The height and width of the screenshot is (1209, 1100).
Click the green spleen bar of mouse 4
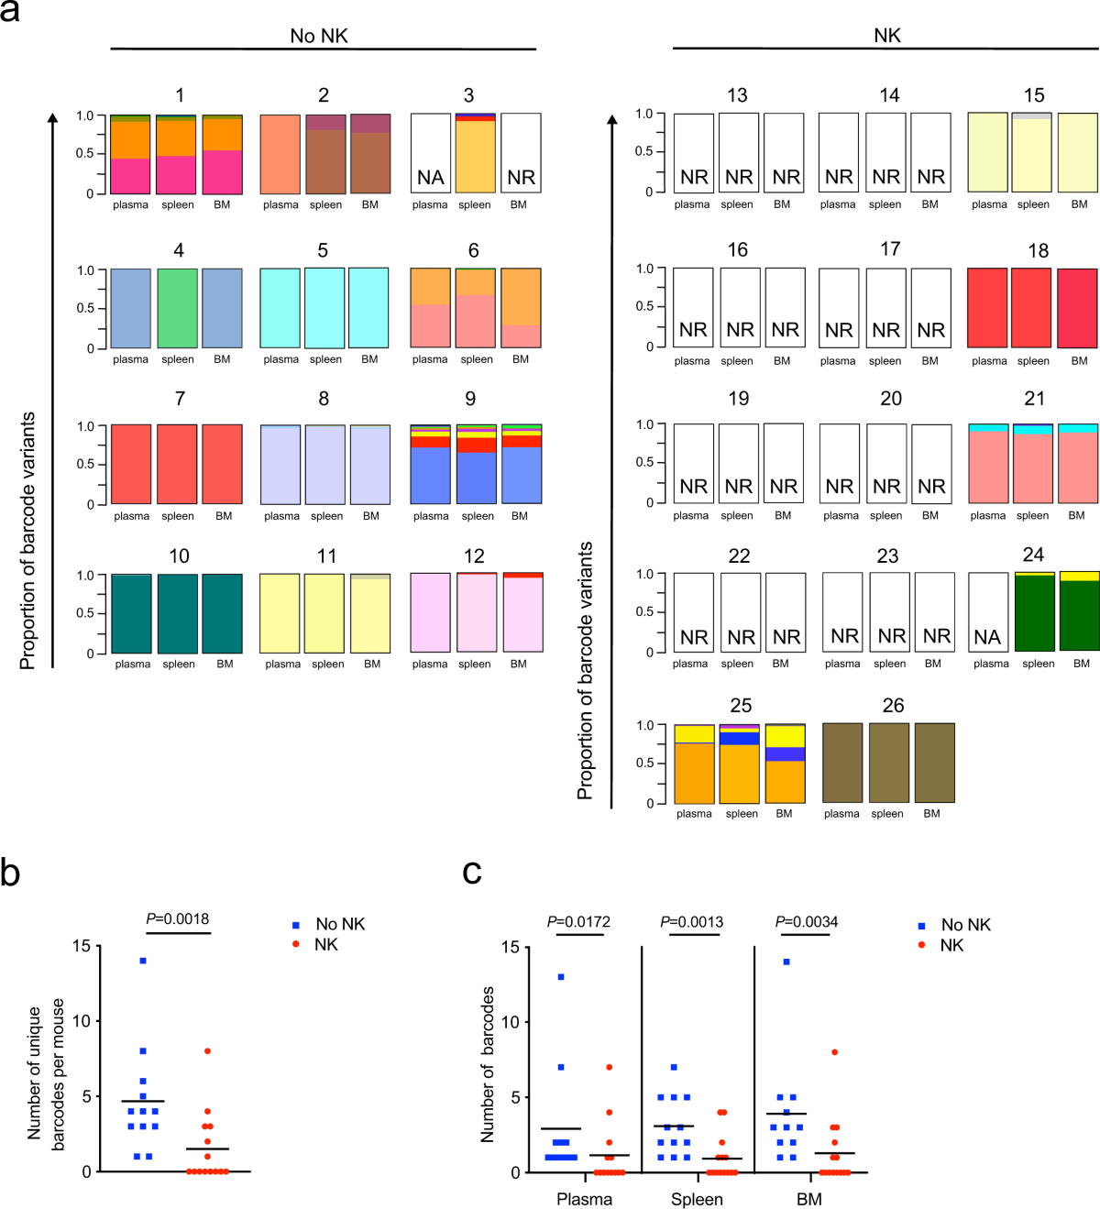(x=177, y=308)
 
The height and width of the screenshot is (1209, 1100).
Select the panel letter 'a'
(x=10, y=14)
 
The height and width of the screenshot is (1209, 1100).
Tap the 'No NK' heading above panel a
(x=319, y=36)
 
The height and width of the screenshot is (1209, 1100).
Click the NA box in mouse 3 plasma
(x=430, y=154)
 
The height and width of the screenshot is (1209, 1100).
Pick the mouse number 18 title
(x=1038, y=250)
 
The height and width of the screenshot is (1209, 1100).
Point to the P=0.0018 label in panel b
(x=178, y=918)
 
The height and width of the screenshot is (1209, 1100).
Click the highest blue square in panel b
(x=143, y=961)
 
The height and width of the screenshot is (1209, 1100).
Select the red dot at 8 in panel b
(x=207, y=1051)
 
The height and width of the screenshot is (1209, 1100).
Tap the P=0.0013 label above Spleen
(x=692, y=921)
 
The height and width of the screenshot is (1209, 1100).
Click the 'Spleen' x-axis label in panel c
(x=697, y=1199)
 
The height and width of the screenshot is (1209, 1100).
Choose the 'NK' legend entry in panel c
(x=951, y=945)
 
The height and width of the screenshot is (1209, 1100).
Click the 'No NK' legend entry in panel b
(x=339, y=924)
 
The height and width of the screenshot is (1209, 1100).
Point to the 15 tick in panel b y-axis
(x=82, y=946)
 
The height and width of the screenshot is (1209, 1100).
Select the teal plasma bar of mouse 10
(x=131, y=613)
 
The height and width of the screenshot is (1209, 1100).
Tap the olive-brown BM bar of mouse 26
(x=934, y=763)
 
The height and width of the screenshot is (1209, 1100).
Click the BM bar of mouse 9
(x=522, y=465)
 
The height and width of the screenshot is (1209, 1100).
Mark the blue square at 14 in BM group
(x=786, y=962)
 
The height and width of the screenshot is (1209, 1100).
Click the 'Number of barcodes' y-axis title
(x=488, y=1064)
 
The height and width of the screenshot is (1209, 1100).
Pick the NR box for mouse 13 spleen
(x=739, y=153)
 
